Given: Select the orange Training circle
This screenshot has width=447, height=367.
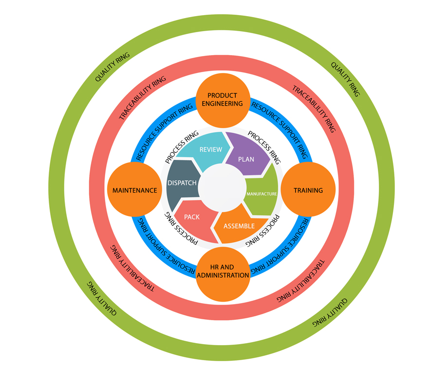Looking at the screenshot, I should coord(308,190).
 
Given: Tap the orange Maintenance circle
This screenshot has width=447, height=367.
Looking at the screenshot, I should coord(134,190).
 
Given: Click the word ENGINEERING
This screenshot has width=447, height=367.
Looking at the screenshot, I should coord(223,103).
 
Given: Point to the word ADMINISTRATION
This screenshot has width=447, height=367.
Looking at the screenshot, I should coord(223,275).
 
